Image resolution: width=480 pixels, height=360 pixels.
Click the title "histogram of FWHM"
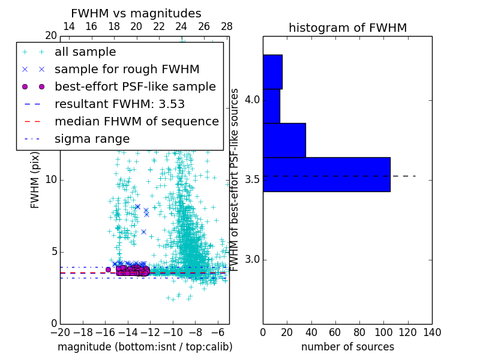click(x=347, y=28)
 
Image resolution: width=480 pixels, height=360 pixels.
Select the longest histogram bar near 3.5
click(x=326, y=175)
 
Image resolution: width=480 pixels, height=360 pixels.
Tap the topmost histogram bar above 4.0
click(x=272, y=72)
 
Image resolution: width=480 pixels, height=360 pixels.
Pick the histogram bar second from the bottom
click(x=284, y=140)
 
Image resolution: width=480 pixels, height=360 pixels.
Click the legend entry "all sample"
click(x=85, y=52)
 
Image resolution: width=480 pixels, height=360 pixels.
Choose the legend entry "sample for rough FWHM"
click(x=127, y=69)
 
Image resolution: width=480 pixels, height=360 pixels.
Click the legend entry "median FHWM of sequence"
click(x=136, y=121)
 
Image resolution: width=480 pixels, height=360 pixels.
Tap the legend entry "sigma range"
click(x=92, y=139)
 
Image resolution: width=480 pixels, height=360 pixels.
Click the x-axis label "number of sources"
click(x=347, y=347)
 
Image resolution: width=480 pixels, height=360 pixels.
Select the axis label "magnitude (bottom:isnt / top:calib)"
click(x=145, y=347)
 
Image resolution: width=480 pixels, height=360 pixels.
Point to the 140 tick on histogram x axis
click(x=432, y=332)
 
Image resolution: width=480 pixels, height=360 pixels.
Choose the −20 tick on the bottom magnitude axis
click(x=60, y=332)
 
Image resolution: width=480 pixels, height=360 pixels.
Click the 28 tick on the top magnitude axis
click(x=227, y=26)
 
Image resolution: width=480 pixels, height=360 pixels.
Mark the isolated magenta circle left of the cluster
click(x=108, y=270)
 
